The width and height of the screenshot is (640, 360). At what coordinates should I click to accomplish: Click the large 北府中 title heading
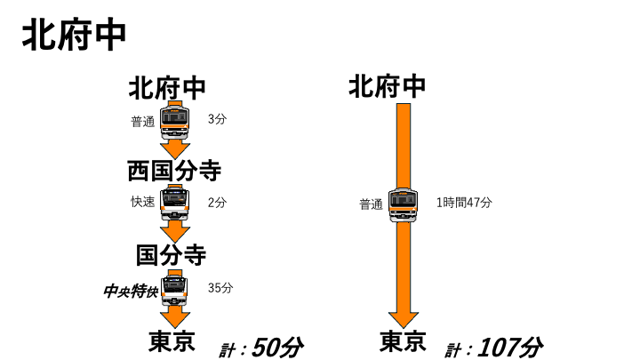tap(74, 36)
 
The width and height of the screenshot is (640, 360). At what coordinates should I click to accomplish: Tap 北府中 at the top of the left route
tap(167, 88)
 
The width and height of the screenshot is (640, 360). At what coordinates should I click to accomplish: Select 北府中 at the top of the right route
tap(387, 86)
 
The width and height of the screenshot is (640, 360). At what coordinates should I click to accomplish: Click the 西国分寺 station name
tap(174, 171)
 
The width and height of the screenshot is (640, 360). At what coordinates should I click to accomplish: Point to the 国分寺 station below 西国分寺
tap(171, 255)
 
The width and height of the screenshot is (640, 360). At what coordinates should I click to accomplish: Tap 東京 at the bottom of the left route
tap(172, 341)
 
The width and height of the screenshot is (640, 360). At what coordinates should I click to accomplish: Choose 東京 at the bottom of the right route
tap(403, 341)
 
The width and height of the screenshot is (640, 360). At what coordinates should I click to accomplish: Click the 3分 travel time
tap(217, 119)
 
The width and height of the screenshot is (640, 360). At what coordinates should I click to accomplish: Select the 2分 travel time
tap(217, 202)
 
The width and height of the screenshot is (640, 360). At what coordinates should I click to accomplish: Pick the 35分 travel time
tap(220, 288)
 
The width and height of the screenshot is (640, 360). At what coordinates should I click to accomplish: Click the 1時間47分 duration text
tap(464, 202)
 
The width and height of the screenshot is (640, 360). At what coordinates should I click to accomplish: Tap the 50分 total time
tap(277, 348)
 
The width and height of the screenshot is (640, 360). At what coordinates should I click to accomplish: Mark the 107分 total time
tap(510, 348)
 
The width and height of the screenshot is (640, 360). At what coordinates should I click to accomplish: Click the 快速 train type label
tap(143, 202)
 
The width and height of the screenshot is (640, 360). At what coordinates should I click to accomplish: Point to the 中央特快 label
tap(131, 292)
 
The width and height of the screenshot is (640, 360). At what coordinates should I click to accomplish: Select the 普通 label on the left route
tap(143, 121)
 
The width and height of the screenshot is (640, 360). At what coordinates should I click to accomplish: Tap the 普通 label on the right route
tap(371, 204)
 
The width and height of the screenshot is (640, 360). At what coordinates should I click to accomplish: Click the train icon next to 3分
tap(175, 122)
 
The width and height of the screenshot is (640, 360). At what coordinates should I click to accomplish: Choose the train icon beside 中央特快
tap(174, 290)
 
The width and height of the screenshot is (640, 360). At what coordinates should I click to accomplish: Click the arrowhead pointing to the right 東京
tap(404, 320)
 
